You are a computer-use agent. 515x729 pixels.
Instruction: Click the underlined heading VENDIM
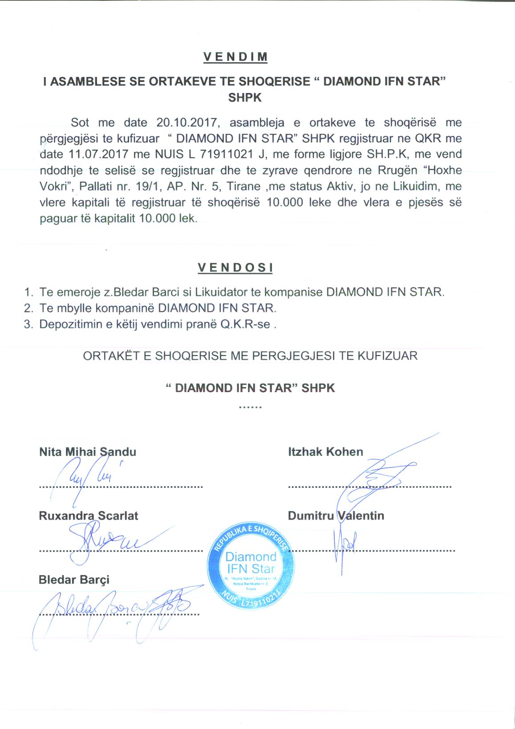click(235, 57)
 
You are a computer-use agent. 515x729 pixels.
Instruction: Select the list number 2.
click(29, 308)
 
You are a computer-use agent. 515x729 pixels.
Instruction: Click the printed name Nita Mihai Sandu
click(88, 452)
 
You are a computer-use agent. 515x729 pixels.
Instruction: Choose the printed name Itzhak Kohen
click(325, 452)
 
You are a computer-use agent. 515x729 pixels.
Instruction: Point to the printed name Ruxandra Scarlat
click(89, 516)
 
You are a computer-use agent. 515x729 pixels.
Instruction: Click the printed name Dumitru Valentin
click(336, 516)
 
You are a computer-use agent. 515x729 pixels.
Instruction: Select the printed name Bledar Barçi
click(74, 580)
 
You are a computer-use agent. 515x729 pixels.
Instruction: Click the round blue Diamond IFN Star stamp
click(251, 564)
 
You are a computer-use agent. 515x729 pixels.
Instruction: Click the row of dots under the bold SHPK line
click(250, 407)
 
